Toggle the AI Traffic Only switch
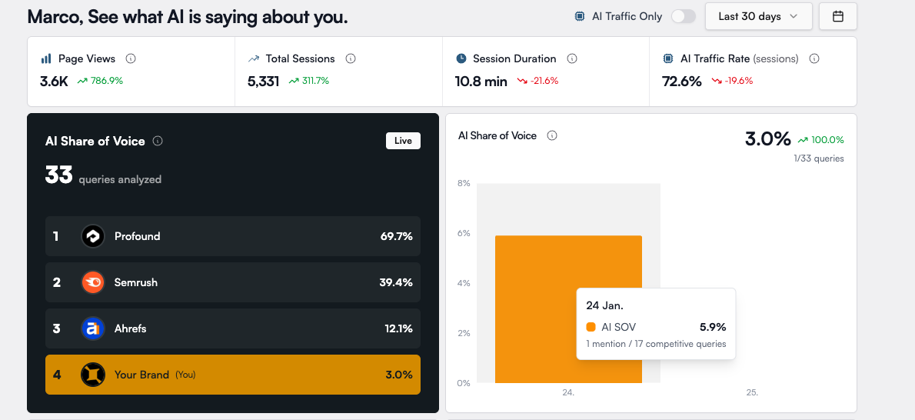(683, 16)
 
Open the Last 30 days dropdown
(758, 16)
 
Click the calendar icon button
(838, 16)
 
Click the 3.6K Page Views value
(53, 81)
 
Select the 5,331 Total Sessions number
(263, 81)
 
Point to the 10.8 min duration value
(481, 81)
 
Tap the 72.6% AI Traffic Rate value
(682, 81)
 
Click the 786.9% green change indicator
(106, 81)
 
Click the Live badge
(403, 141)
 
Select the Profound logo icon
(93, 236)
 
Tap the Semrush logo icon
(93, 282)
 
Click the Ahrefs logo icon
(93, 328)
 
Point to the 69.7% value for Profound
(396, 236)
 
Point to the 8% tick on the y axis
(464, 183)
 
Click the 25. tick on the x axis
(752, 392)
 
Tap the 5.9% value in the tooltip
(713, 327)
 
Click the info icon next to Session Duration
(572, 58)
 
